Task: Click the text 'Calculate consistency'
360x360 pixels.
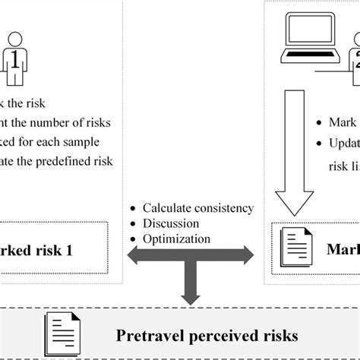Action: click(199, 208)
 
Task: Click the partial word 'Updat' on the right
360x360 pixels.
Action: click(341, 144)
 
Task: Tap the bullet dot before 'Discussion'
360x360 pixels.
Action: click(134, 224)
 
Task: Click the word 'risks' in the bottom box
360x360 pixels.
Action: click(276, 333)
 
